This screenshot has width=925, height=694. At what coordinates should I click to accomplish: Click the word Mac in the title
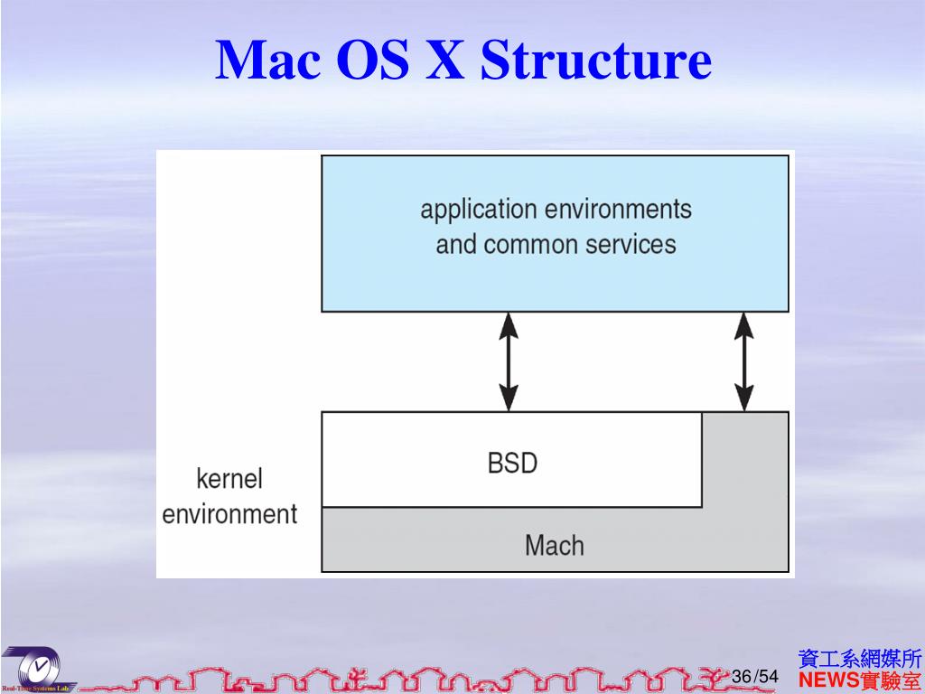click(x=269, y=61)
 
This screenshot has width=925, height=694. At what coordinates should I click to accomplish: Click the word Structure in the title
click(x=596, y=61)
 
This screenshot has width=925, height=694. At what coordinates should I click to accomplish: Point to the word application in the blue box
click(x=479, y=211)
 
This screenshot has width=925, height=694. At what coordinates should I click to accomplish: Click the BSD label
click(x=512, y=464)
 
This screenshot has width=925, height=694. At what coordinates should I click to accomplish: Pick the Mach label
click(x=554, y=545)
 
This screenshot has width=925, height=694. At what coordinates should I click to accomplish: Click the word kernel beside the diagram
click(x=229, y=478)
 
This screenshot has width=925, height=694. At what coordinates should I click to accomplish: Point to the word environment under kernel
click(x=229, y=514)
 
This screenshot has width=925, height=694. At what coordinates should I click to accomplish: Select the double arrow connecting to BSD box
click(x=509, y=361)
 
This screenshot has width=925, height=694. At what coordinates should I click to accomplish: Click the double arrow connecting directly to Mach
click(x=743, y=361)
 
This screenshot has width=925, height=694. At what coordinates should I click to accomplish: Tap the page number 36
click(x=742, y=677)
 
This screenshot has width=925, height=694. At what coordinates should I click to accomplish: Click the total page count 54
click(x=768, y=677)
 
